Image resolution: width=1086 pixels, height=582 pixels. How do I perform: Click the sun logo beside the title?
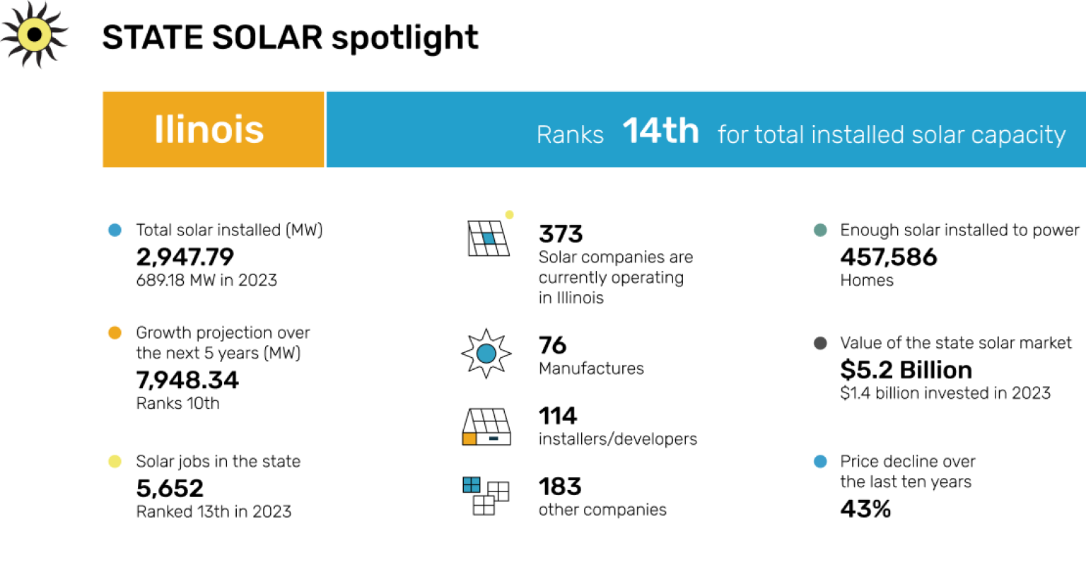(34, 35)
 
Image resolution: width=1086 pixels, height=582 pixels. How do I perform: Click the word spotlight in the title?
(404, 38)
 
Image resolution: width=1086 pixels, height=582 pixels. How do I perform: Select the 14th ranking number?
(660, 131)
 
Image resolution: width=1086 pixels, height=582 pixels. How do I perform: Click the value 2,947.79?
(185, 257)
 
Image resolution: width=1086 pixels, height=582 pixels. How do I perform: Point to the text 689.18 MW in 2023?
(206, 280)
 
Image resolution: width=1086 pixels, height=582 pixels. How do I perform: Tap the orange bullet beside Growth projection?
(115, 332)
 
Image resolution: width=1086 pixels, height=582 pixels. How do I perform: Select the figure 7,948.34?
(187, 380)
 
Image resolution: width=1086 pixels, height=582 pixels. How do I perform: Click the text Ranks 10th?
(177, 403)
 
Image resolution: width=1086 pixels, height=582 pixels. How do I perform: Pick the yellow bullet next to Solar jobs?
(115, 462)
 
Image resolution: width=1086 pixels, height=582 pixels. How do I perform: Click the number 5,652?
(170, 488)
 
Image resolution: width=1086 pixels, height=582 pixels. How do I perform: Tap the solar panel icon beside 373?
(488, 238)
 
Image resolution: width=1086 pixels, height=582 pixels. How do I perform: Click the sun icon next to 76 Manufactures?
(486, 353)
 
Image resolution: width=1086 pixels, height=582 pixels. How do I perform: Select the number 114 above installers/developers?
(557, 415)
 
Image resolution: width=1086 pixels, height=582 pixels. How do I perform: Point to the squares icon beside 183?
(486, 495)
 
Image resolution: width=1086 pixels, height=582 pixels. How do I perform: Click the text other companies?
(602, 510)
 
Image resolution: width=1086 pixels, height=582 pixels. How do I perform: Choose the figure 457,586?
(888, 257)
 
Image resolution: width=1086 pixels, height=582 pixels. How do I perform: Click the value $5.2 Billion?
(906, 370)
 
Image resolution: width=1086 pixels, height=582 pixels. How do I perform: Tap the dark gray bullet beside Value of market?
(820, 343)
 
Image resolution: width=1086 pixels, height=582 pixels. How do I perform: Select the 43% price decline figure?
(865, 508)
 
